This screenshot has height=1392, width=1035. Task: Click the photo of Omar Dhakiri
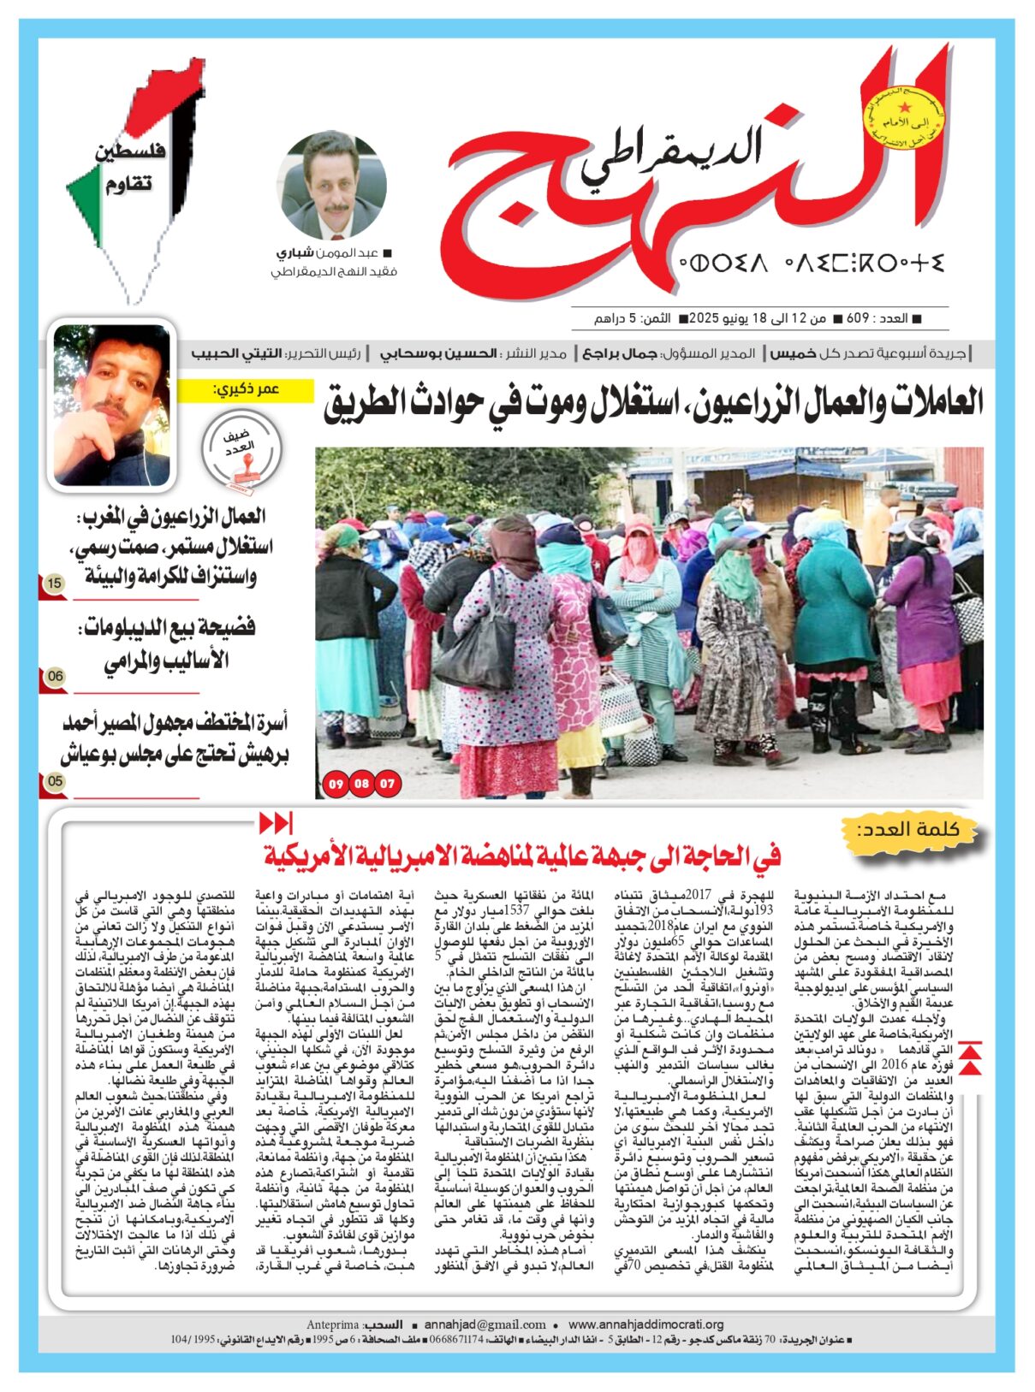pyautogui.click(x=112, y=405)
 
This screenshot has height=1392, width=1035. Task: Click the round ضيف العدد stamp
pyautogui.click(x=241, y=448)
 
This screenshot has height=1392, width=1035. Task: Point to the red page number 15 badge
pyautogui.click(x=55, y=583)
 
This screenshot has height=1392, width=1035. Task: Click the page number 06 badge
pyautogui.click(x=55, y=676)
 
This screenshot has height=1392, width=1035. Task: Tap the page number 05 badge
pyautogui.click(x=55, y=780)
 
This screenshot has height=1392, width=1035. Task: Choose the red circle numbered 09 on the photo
pyautogui.click(x=336, y=783)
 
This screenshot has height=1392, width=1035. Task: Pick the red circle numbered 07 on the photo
pyautogui.click(x=388, y=783)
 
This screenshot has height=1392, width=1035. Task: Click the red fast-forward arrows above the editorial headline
pyautogui.click(x=275, y=823)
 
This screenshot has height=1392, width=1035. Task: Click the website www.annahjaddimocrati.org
pyautogui.click(x=645, y=1324)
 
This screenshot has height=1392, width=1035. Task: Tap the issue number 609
pyautogui.click(x=858, y=318)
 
